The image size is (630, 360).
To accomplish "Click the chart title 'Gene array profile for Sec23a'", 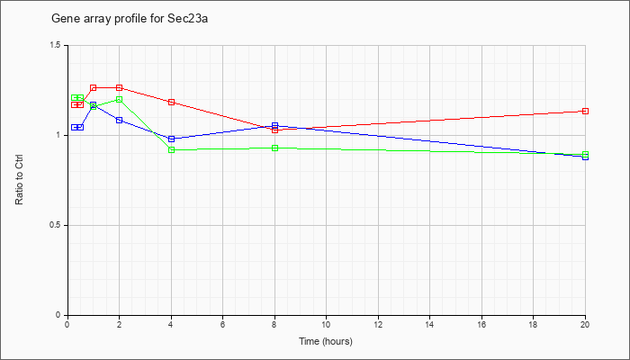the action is tap(130, 19).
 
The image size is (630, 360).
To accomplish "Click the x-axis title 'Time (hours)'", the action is tap(326, 341).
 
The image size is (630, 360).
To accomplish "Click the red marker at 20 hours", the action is tap(585, 111).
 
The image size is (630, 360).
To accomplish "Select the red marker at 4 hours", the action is tap(172, 102).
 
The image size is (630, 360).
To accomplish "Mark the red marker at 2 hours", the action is tap(120, 87).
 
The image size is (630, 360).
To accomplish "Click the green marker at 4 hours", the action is tap(172, 150).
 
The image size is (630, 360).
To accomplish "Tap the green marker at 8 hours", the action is tap(274, 148).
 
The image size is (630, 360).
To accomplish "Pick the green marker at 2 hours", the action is tap(120, 99).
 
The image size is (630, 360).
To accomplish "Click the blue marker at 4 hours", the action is tap(172, 139).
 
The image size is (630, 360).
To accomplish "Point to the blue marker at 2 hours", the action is tap(120, 120).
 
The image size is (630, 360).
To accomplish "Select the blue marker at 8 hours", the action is tap(274, 125).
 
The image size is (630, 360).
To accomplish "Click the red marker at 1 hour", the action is tap(94, 87).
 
